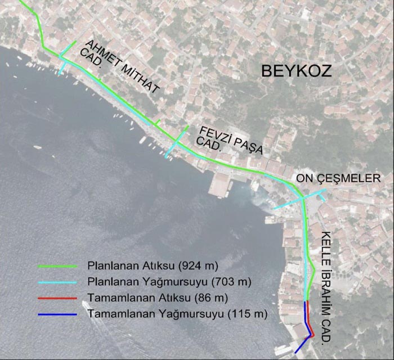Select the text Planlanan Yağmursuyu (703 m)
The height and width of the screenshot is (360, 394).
click(x=169, y=280)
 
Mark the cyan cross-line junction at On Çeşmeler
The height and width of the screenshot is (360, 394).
click(x=302, y=198)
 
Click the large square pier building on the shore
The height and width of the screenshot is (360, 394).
click(x=221, y=183)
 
